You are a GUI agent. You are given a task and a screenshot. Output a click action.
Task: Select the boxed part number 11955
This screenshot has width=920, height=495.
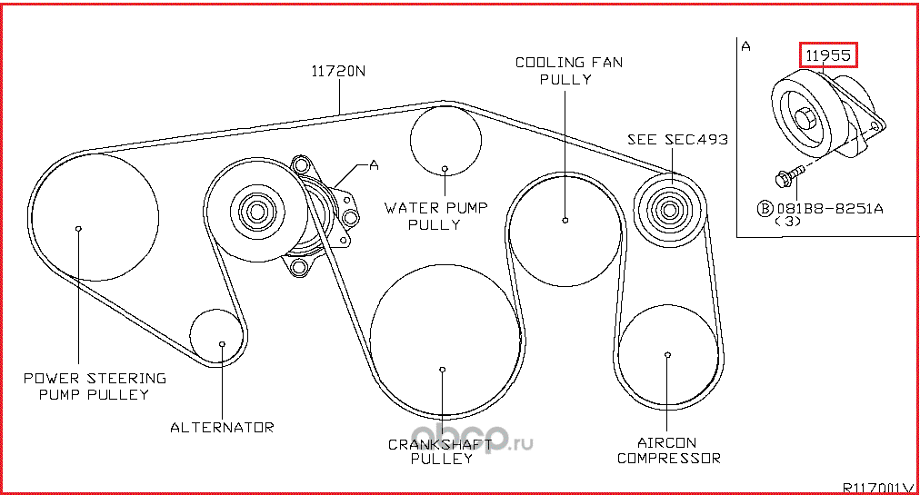(828, 55)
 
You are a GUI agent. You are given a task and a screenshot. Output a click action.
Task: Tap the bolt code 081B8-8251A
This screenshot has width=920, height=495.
(829, 208)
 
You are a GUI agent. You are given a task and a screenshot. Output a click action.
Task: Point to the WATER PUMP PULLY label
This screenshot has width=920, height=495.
(435, 215)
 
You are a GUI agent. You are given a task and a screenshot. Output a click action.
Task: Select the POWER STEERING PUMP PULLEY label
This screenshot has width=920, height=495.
(95, 386)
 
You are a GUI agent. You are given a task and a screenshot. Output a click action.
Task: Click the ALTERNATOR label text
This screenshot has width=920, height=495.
(222, 427)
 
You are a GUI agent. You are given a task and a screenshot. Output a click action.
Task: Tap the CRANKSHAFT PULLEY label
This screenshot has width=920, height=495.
(441, 451)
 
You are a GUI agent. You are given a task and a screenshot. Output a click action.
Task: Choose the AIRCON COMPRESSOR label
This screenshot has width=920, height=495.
(668, 450)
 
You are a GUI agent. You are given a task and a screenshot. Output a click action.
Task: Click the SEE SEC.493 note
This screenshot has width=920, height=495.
(677, 139)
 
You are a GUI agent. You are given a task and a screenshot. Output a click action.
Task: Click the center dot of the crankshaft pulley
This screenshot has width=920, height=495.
(442, 370)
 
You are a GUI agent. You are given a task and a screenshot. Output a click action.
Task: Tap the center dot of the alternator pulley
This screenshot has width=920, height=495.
(222, 343)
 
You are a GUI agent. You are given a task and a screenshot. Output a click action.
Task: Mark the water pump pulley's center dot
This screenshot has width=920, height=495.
(445, 168)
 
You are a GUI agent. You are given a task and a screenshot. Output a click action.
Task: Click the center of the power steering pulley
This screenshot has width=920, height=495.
(79, 228)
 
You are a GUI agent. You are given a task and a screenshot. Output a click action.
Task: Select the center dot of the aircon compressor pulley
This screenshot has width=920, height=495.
(668, 354)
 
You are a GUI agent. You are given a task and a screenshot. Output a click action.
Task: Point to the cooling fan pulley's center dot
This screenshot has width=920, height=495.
(565, 220)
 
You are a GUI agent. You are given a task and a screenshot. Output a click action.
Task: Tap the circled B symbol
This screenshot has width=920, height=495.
(765, 208)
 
